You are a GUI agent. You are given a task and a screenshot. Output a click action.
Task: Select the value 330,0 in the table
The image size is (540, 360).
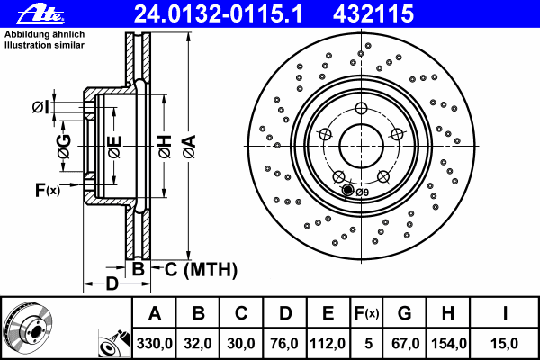coord(155,343)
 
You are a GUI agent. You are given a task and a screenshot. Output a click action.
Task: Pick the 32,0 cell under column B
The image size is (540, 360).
coord(199,343)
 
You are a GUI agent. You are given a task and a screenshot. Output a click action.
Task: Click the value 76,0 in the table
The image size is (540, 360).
coord(284,343)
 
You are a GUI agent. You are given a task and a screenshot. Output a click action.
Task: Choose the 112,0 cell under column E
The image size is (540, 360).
coord(328,343)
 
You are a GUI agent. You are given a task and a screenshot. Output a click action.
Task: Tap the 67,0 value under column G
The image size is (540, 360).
coord(405,343)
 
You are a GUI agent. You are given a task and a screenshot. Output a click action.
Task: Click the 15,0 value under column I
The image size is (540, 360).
coord(505,343)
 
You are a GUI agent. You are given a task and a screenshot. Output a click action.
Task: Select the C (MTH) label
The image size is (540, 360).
coord(201,268)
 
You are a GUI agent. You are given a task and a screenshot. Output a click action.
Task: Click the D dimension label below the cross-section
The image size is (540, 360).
coord(111,284)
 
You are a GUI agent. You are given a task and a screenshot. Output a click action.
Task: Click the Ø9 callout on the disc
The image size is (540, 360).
coord(362,191)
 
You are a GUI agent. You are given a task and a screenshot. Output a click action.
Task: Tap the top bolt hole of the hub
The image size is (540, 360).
coord(360,108)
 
